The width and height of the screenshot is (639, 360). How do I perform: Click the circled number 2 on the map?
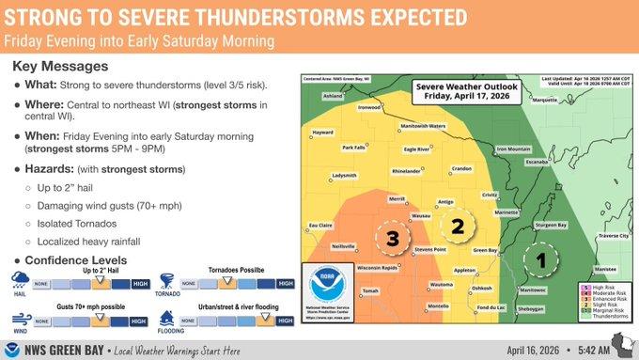(458, 226)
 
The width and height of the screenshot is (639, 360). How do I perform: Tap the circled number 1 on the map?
(539, 257)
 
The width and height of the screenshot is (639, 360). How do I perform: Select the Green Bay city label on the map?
(485, 250)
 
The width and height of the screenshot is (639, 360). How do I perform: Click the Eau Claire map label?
(322, 225)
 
